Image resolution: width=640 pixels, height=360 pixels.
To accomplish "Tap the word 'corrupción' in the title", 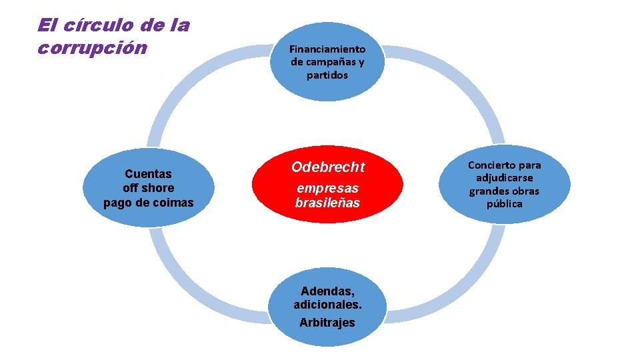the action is click(x=92, y=49).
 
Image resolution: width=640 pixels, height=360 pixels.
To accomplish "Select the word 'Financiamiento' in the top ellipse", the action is click(x=327, y=49).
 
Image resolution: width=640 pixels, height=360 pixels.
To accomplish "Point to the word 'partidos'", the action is click(x=327, y=75).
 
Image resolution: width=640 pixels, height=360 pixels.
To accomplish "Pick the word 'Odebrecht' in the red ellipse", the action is click(x=328, y=167).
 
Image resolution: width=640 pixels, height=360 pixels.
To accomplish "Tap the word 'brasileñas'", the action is click(x=327, y=203).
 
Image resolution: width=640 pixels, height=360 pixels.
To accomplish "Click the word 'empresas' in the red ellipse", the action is click(x=327, y=188).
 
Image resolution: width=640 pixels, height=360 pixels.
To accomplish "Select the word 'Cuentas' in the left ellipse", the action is click(x=148, y=174).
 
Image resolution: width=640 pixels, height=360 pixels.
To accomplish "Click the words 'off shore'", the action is click(x=148, y=188).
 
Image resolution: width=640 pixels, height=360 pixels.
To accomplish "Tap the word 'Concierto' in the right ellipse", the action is click(x=504, y=165).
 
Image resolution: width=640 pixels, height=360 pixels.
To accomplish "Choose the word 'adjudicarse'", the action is click(x=504, y=178).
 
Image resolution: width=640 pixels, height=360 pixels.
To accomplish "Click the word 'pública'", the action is click(x=504, y=204).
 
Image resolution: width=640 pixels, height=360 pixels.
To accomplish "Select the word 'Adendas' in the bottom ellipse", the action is click(x=326, y=291).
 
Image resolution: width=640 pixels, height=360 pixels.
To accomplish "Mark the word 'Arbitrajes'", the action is click(x=327, y=323).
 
